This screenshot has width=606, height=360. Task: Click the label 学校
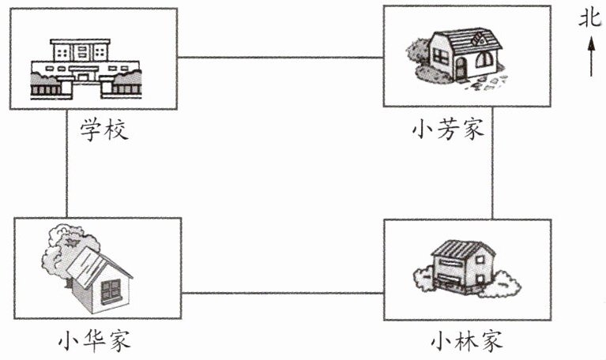pyautogui.click(x=104, y=129)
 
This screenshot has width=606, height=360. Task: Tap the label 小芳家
pyautogui.click(x=447, y=129)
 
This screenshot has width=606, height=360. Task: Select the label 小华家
pyautogui.click(x=94, y=340)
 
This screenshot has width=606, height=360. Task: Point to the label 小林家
pyautogui.click(x=466, y=340)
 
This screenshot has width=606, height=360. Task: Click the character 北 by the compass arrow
pyautogui.click(x=589, y=18)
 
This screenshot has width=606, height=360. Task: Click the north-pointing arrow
pyautogui.click(x=591, y=56)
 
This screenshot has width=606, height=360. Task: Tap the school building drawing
pyautogui.click(x=86, y=69)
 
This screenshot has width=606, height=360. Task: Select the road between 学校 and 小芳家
pyautogui.click(x=280, y=58)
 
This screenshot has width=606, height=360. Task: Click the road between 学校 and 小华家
pyautogui.click(x=67, y=163)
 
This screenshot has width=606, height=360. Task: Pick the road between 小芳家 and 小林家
pyautogui.click(x=492, y=163)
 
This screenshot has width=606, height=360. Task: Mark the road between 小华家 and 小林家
pyautogui.click(x=283, y=293)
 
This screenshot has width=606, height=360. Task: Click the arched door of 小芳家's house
pyautogui.click(x=461, y=69)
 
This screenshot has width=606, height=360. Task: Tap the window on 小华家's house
pyautogui.click(x=111, y=291)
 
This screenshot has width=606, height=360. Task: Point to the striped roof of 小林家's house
pyautogui.click(x=463, y=249)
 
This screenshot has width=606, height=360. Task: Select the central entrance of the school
pyautogui.click(x=83, y=76)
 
